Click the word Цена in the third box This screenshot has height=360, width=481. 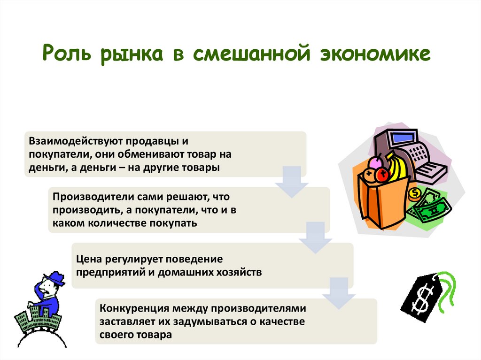tap(88, 259)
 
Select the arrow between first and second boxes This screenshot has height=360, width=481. tap(288, 181)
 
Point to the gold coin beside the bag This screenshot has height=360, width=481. tap(415, 192)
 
